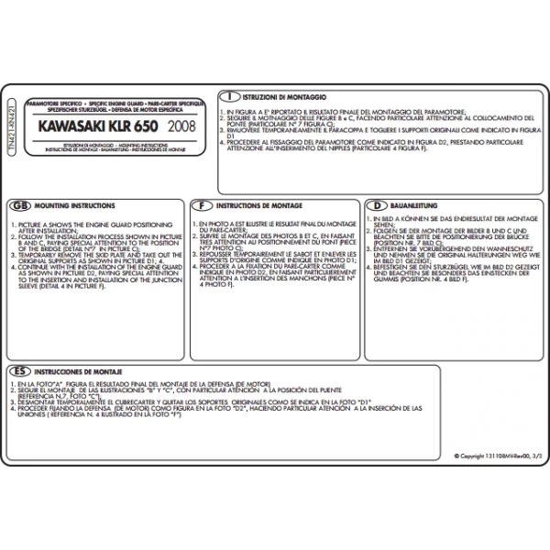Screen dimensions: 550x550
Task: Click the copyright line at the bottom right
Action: point(490,456)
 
